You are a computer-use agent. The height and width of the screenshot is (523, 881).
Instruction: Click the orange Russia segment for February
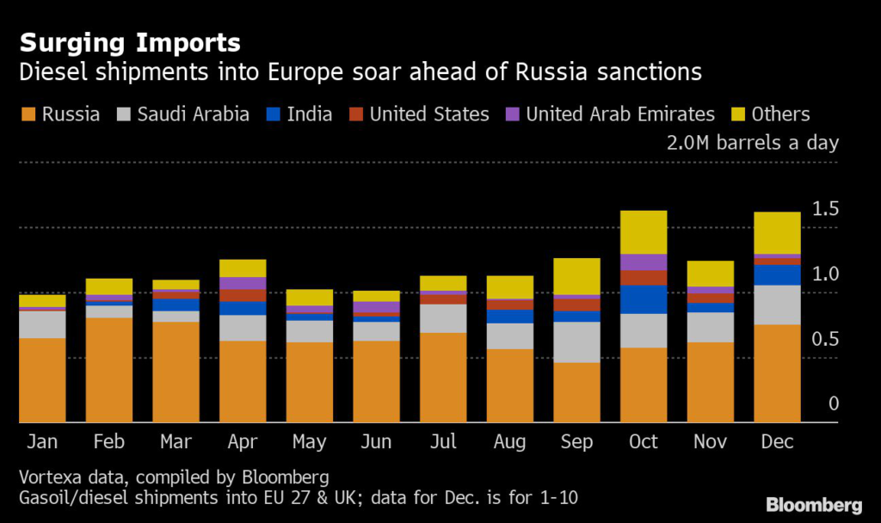point(109,370)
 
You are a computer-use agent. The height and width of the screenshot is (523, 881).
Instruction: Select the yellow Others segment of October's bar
point(644,231)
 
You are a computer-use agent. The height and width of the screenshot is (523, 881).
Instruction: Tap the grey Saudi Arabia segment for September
point(576,341)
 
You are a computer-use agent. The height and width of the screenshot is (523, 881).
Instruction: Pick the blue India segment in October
point(644,298)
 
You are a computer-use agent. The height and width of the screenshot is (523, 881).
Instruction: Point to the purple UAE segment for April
point(243,283)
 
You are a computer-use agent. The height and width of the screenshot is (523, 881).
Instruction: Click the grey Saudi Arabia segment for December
point(777,305)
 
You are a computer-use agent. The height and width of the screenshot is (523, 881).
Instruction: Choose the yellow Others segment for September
point(576,275)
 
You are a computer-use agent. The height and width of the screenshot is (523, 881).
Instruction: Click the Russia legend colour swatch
point(28,114)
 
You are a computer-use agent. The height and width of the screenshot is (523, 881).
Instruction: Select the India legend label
point(310,114)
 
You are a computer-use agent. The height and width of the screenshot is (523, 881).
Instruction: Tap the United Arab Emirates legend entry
point(620,114)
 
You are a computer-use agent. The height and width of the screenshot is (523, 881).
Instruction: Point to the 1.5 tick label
point(826,208)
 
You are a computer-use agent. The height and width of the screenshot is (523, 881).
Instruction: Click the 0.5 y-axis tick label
point(826,339)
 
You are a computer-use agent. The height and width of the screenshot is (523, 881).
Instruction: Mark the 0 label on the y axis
point(834,403)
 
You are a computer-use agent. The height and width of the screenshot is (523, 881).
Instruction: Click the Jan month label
point(42,442)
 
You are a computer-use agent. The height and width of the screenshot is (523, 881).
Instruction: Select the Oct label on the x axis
point(644,442)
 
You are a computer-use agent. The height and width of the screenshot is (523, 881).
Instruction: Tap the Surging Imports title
point(130,42)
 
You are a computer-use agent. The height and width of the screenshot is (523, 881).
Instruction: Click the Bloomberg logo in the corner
point(814,505)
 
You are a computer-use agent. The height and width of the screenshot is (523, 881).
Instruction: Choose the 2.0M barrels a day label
point(752,143)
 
